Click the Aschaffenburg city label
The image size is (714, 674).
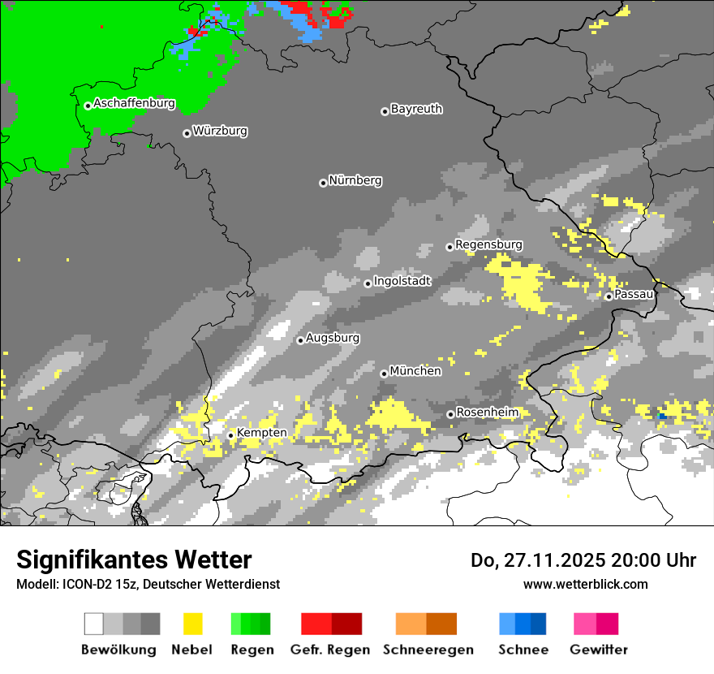tap(134, 104)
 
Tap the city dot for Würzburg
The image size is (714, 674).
tap(187, 133)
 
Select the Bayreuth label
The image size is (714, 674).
tap(416, 109)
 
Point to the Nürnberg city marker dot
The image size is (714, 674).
tap(323, 183)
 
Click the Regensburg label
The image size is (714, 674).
tap(488, 244)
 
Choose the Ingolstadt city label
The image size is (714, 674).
tap(402, 281)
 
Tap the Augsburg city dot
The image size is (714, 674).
tap(300, 340)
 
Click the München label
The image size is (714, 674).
tap(415, 371)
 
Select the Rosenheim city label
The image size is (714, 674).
tap(487, 413)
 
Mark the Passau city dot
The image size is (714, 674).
tap(609, 296)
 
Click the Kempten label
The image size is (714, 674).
tap(261, 433)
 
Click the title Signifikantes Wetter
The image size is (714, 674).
tap(134, 560)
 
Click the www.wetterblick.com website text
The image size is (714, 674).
tap(585, 584)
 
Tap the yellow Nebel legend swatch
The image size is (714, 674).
tap(193, 624)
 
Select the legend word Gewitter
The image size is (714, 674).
tap(598, 650)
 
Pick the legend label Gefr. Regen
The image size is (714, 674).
tap(330, 650)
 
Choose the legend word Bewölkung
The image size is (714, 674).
tap(118, 650)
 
